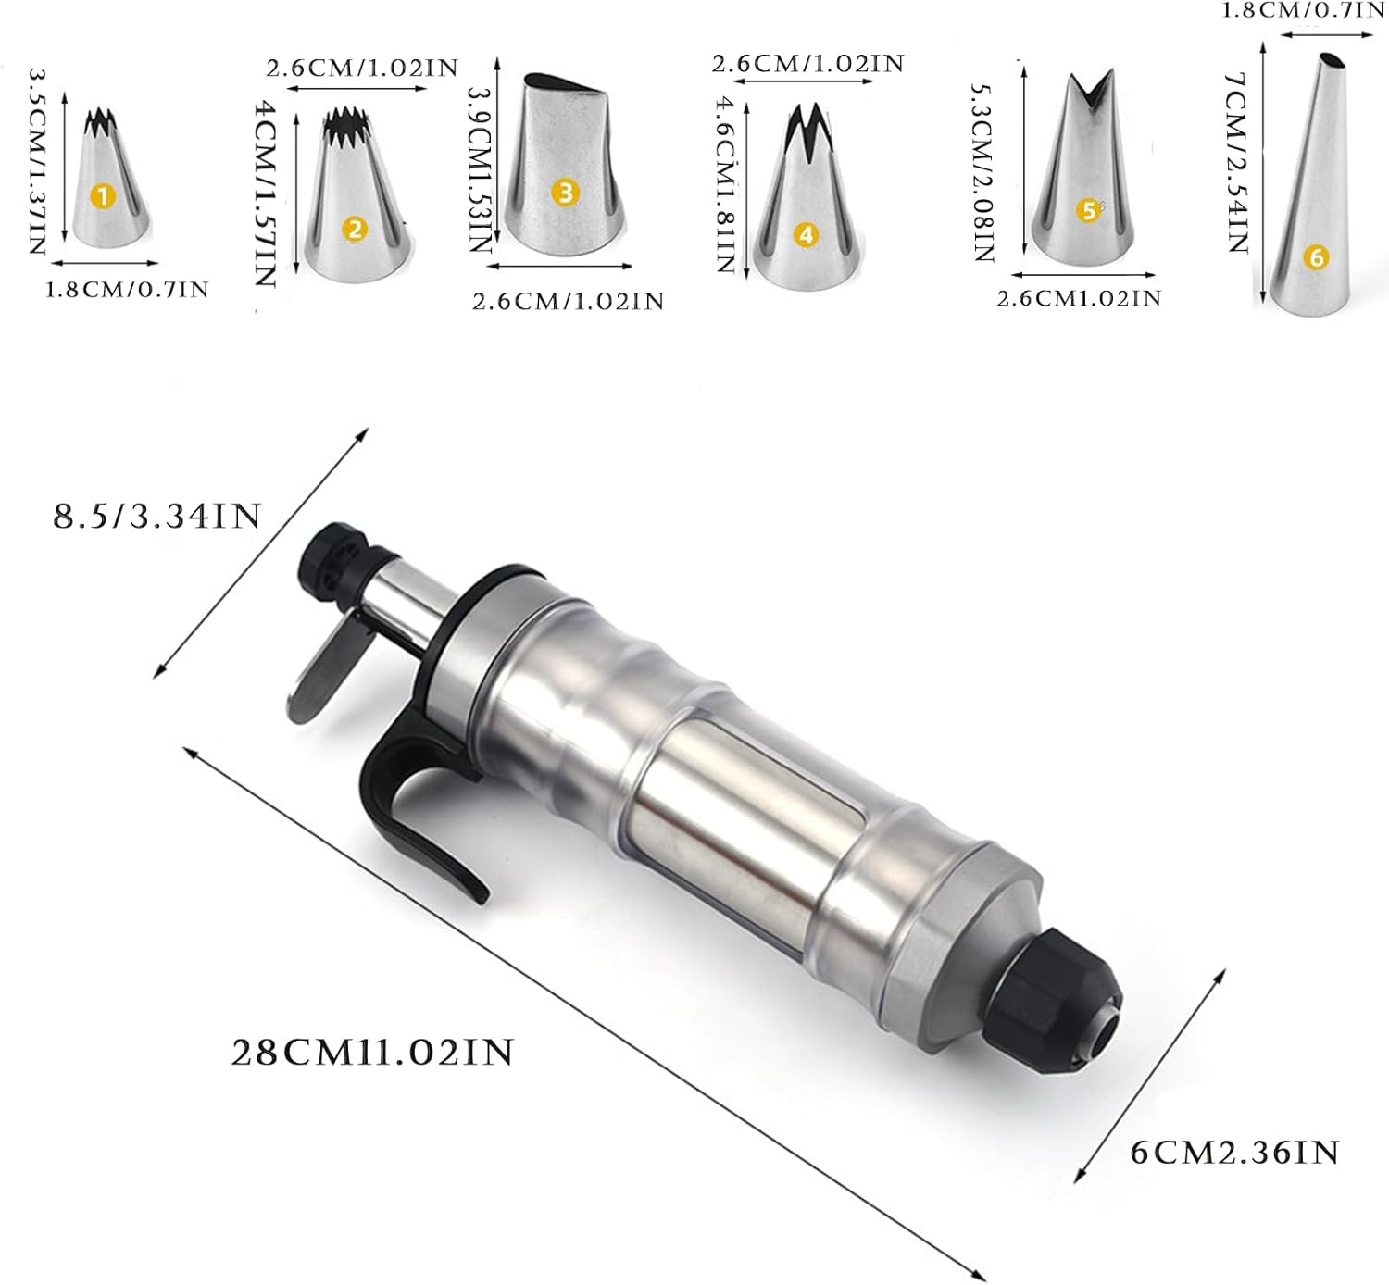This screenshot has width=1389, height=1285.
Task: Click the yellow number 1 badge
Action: coord(103,196)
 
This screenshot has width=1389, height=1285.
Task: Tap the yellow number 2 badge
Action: coord(355,230)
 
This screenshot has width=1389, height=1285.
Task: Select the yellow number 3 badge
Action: coord(565,193)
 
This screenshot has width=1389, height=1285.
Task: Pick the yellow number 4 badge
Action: coord(807,235)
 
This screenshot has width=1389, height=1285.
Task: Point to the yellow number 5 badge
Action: coord(1089,210)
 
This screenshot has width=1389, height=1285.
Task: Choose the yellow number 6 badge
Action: coord(1316,258)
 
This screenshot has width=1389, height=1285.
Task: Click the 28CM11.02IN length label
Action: coord(373,1052)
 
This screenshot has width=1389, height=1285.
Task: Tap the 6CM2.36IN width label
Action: coord(1235,1153)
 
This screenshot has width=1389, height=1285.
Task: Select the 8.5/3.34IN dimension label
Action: coord(156,517)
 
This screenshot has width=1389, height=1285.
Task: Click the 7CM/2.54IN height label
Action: coord(1237,162)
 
